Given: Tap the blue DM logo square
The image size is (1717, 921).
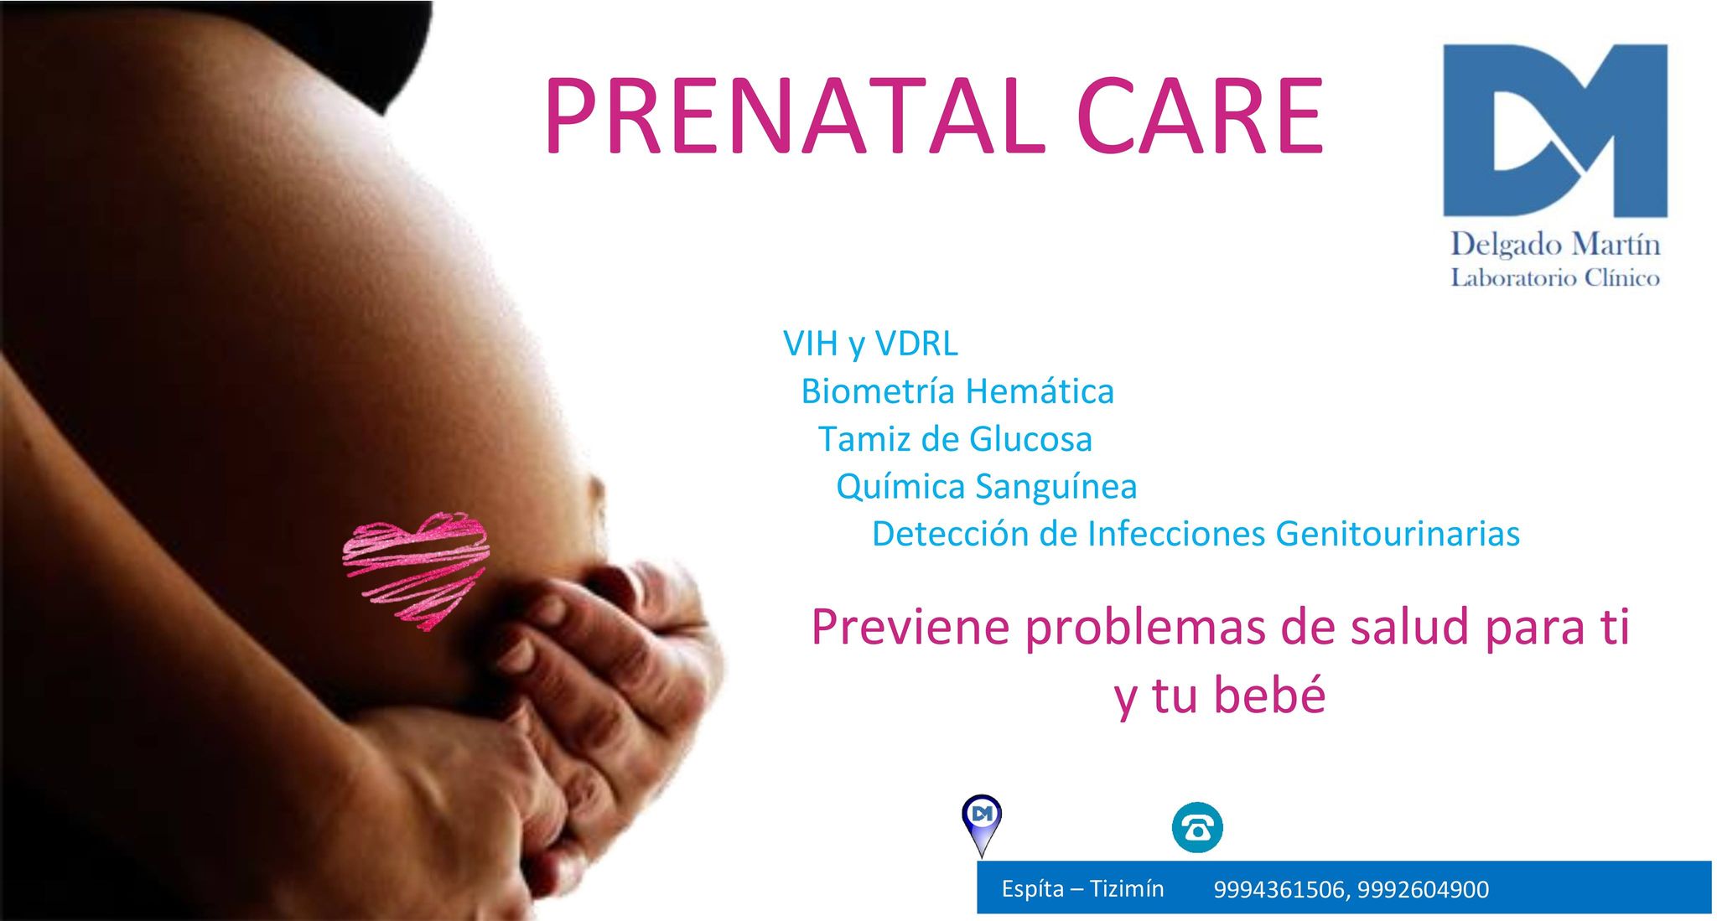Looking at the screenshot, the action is point(1555,130).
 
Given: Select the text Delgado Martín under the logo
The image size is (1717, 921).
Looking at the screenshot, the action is point(1555,244).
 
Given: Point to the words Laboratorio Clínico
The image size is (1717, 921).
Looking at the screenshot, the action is point(1555,277).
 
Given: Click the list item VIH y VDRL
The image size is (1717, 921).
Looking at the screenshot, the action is point(870,344).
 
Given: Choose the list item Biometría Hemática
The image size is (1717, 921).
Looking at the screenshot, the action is point(957,391).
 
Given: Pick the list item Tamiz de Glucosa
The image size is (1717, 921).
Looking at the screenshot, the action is point(955,438).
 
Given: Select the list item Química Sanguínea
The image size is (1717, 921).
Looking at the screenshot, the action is point(987,486).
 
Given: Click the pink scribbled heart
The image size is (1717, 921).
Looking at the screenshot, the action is point(417,571).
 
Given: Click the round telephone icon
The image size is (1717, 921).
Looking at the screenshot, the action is point(1197,828).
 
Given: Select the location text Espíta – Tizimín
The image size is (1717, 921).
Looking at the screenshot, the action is point(1082,888).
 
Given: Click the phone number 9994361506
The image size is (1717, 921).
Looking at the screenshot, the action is point(1279,889).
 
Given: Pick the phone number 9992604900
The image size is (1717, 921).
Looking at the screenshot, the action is point(1423,889).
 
